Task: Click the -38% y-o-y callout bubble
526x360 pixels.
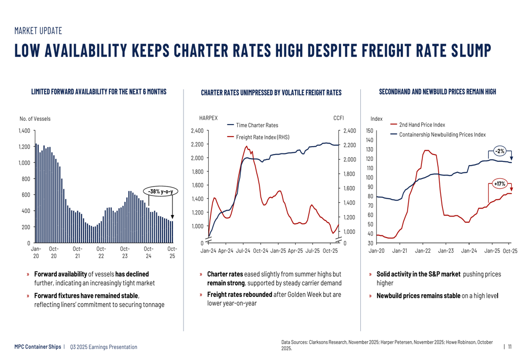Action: click(160, 192)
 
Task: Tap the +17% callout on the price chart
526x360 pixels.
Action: click(499, 184)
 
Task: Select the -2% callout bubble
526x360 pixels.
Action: click(499, 151)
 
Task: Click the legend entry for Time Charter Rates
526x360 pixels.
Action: click(257, 125)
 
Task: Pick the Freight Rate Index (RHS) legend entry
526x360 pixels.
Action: click(262, 137)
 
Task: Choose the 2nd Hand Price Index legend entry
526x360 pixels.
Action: click(421, 125)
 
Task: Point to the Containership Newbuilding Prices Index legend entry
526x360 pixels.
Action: click(442, 135)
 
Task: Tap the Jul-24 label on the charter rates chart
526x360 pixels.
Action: click(244, 251)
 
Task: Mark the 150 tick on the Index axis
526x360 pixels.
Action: click(369, 131)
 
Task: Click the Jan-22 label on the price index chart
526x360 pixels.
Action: click(423, 251)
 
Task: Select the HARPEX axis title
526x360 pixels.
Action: click(208, 119)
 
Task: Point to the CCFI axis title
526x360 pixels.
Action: click(338, 119)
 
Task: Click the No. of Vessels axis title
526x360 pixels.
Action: click(35, 119)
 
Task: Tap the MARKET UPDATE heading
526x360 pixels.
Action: click(38, 31)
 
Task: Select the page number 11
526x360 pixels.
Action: click(510, 346)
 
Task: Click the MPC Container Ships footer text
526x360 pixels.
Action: click(37, 347)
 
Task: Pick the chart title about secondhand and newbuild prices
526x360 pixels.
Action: click(437, 92)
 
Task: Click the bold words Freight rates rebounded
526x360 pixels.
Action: click(239, 294)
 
